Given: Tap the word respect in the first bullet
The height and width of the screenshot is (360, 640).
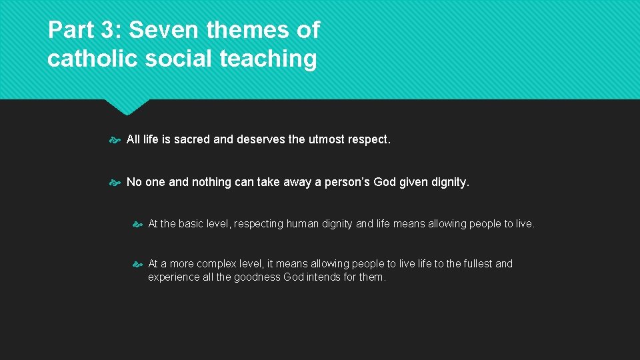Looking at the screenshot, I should click(369, 140).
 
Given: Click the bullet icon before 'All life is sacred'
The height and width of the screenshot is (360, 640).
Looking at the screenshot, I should click(114, 140).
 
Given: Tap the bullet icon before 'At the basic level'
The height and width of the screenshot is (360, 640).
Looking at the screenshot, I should click(137, 225).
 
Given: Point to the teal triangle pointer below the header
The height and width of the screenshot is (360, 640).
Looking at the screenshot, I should click(127, 107).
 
